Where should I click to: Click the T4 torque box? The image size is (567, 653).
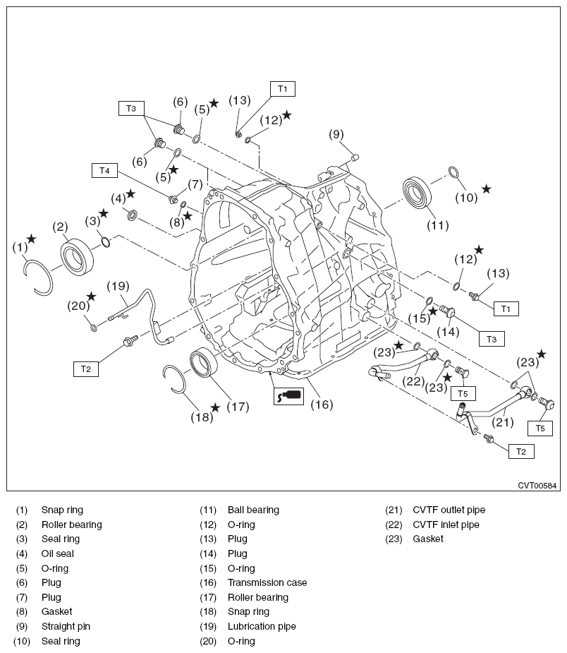(104, 170)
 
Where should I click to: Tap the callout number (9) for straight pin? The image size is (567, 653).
(336, 134)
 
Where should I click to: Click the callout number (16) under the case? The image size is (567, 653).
(321, 405)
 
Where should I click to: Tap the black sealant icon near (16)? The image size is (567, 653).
(288, 395)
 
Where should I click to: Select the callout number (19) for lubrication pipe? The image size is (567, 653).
(119, 286)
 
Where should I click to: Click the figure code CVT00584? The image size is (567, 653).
(537, 486)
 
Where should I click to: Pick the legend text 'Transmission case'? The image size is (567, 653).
(267, 583)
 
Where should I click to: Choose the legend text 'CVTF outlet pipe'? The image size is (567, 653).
(449, 510)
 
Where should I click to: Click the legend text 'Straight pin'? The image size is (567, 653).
(66, 627)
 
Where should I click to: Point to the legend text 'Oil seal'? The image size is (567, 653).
(57, 554)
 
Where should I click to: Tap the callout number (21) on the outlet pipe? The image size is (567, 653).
(501, 422)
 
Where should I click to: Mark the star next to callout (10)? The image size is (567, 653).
(486, 189)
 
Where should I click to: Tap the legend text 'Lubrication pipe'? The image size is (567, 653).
(261, 627)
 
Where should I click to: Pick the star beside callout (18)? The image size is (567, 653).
(215, 408)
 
